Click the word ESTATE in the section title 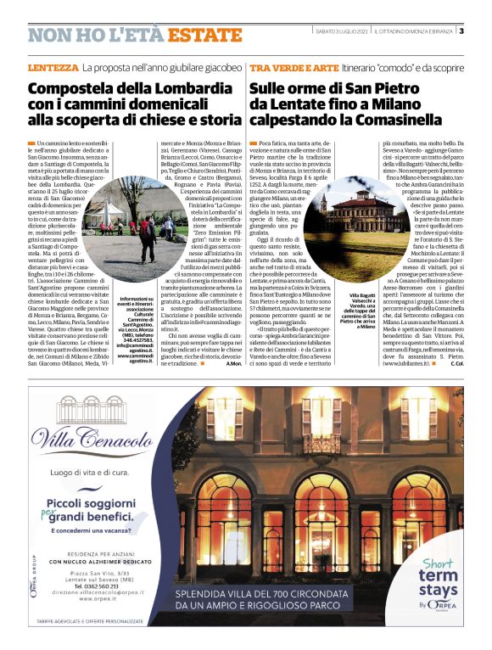tap(204, 35)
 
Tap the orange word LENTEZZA tap(53, 66)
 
